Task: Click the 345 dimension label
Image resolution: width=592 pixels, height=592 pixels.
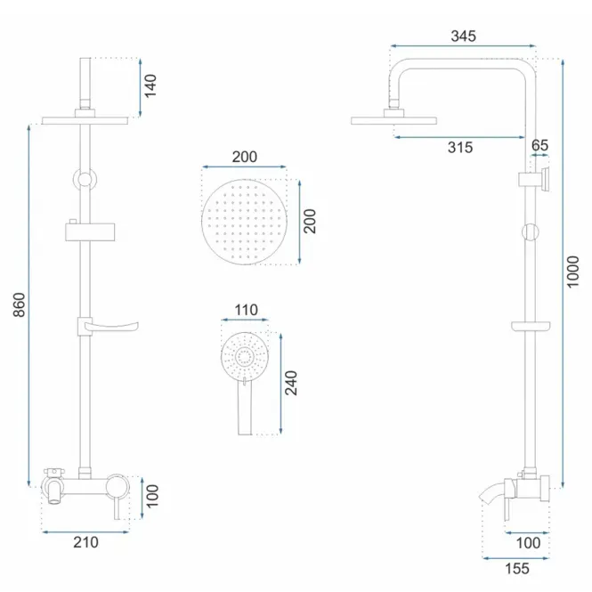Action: [x=463, y=36]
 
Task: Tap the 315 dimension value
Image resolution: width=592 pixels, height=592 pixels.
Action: [x=460, y=147]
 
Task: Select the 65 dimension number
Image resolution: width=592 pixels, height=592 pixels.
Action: [x=539, y=145]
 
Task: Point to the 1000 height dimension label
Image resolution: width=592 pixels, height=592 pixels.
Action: [x=572, y=272]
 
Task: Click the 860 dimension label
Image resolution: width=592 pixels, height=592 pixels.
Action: [x=20, y=304]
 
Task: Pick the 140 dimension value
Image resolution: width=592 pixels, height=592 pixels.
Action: [x=150, y=86]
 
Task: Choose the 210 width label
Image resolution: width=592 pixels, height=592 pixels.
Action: [x=85, y=542]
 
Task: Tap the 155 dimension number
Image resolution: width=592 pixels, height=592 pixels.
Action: [x=517, y=569]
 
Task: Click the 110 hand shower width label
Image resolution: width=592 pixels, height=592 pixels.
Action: [x=247, y=310]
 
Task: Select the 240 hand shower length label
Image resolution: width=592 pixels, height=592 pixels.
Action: [x=291, y=383]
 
